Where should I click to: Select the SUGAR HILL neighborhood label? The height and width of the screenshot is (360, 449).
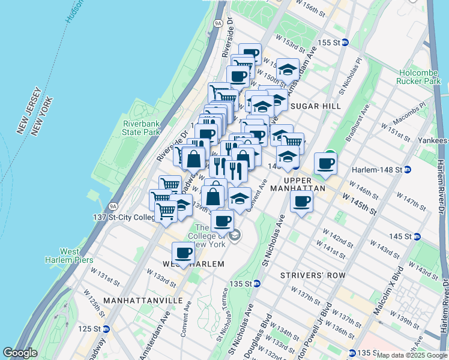pyautogui.click(x=315, y=106)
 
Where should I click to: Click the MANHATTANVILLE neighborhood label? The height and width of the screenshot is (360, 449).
pyautogui.click(x=134, y=299)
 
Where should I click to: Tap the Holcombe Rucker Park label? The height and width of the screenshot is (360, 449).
pyautogui.click(x=419, y=76)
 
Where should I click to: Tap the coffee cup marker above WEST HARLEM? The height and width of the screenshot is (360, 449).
pyautogui.click(x=184, y=253)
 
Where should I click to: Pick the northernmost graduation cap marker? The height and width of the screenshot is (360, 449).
pyautogui.click(x=288, y=69)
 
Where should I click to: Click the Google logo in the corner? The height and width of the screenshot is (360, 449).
pyautogui.click(x=20, y=353)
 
